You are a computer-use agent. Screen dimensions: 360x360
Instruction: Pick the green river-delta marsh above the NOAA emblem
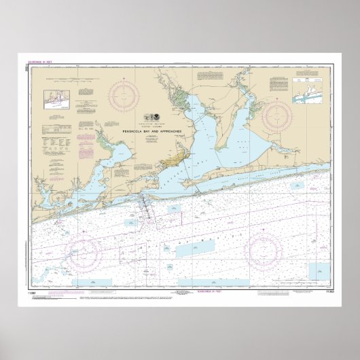(x=170, y=95)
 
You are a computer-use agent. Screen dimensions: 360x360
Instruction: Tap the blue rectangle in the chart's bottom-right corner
(x=319, y=271)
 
